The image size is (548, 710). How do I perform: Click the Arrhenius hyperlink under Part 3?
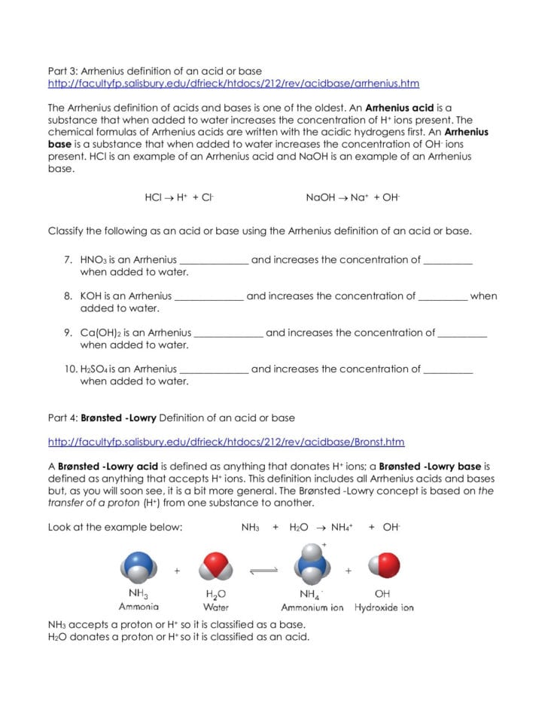pos(233,84)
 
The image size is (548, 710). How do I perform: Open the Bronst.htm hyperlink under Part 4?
pos(226,442)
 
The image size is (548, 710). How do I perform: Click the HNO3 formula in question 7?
pos(94,260)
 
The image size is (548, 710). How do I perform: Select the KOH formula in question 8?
pos(91,296)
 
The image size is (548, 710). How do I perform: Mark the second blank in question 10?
pos(448,371)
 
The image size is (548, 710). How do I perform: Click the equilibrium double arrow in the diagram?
pos(263,571)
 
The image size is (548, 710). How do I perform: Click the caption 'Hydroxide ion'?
pos(384,607)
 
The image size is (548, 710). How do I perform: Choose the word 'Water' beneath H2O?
pos(216,607)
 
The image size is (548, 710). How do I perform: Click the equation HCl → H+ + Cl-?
pos(179,197)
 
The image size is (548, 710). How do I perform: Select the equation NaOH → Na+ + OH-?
pos(352,197)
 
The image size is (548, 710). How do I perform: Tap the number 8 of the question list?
pos(68,296)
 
